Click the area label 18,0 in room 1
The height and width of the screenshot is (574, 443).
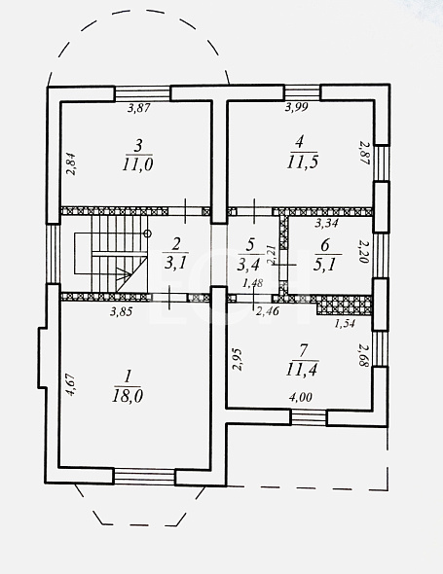tap(128, 396)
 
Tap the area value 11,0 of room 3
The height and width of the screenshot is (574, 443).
tap(138, 164)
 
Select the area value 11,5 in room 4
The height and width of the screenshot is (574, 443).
tap(302, 161)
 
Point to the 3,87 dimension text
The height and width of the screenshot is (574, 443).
tap(139, 108)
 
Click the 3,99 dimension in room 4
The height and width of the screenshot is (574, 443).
tap(296, 107)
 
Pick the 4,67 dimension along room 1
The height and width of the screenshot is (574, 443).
tap(70, 384)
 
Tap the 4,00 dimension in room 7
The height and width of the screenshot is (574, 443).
tap(301, 397)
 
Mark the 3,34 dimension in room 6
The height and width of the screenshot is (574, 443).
tap(326, 223)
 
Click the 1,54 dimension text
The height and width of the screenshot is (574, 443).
tap(345, 323)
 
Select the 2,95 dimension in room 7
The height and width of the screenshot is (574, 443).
tap(238, 360)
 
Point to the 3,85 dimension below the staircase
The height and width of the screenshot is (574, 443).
tap(122, 311)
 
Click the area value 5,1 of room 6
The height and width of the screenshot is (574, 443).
tap(324, 265)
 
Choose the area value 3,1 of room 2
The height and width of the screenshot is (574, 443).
tap(175, 263)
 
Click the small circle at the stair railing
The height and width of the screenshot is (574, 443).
tap(148, 233)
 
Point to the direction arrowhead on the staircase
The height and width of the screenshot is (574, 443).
tap(126, 273)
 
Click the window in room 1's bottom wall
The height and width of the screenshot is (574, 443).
tap(144, 477)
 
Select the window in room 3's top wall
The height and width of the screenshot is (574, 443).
tap(142, 93)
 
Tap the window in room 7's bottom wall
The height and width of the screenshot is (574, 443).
tap(309, 417)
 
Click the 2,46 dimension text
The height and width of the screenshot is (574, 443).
tap(268, 311)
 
